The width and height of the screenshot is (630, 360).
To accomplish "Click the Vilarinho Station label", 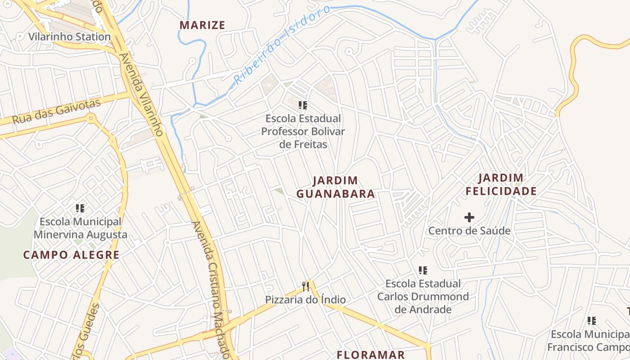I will coord(70,36).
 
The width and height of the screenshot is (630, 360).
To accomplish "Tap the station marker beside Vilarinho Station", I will coord(21,36).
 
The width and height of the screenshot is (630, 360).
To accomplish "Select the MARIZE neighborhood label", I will coord(202,25).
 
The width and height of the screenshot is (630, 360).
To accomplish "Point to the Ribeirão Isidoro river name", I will coord(282,45).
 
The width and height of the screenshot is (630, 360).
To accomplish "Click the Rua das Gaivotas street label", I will coord(56,112).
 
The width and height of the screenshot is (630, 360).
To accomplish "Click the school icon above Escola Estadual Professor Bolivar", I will coord(303,105).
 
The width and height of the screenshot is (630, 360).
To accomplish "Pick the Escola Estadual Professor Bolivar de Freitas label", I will coord(303,131).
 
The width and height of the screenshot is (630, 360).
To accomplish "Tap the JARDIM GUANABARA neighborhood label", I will coord(336,187).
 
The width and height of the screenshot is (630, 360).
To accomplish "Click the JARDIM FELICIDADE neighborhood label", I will coord(501,184).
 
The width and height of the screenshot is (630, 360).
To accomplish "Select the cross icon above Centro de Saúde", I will coord(469,218).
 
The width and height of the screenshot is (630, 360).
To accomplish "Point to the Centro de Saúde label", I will coord(469,231).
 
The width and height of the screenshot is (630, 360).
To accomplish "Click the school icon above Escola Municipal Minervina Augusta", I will coord(80,208).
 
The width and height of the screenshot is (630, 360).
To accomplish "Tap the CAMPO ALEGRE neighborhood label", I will coord(71,255).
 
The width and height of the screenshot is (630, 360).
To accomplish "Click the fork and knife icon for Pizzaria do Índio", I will coord(306,286).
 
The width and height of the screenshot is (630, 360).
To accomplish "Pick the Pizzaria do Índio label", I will coord(306,300).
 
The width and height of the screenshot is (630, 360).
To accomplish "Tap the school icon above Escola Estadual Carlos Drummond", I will coord(423,270).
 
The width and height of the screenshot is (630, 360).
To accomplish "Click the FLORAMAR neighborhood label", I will coord(371,355).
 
